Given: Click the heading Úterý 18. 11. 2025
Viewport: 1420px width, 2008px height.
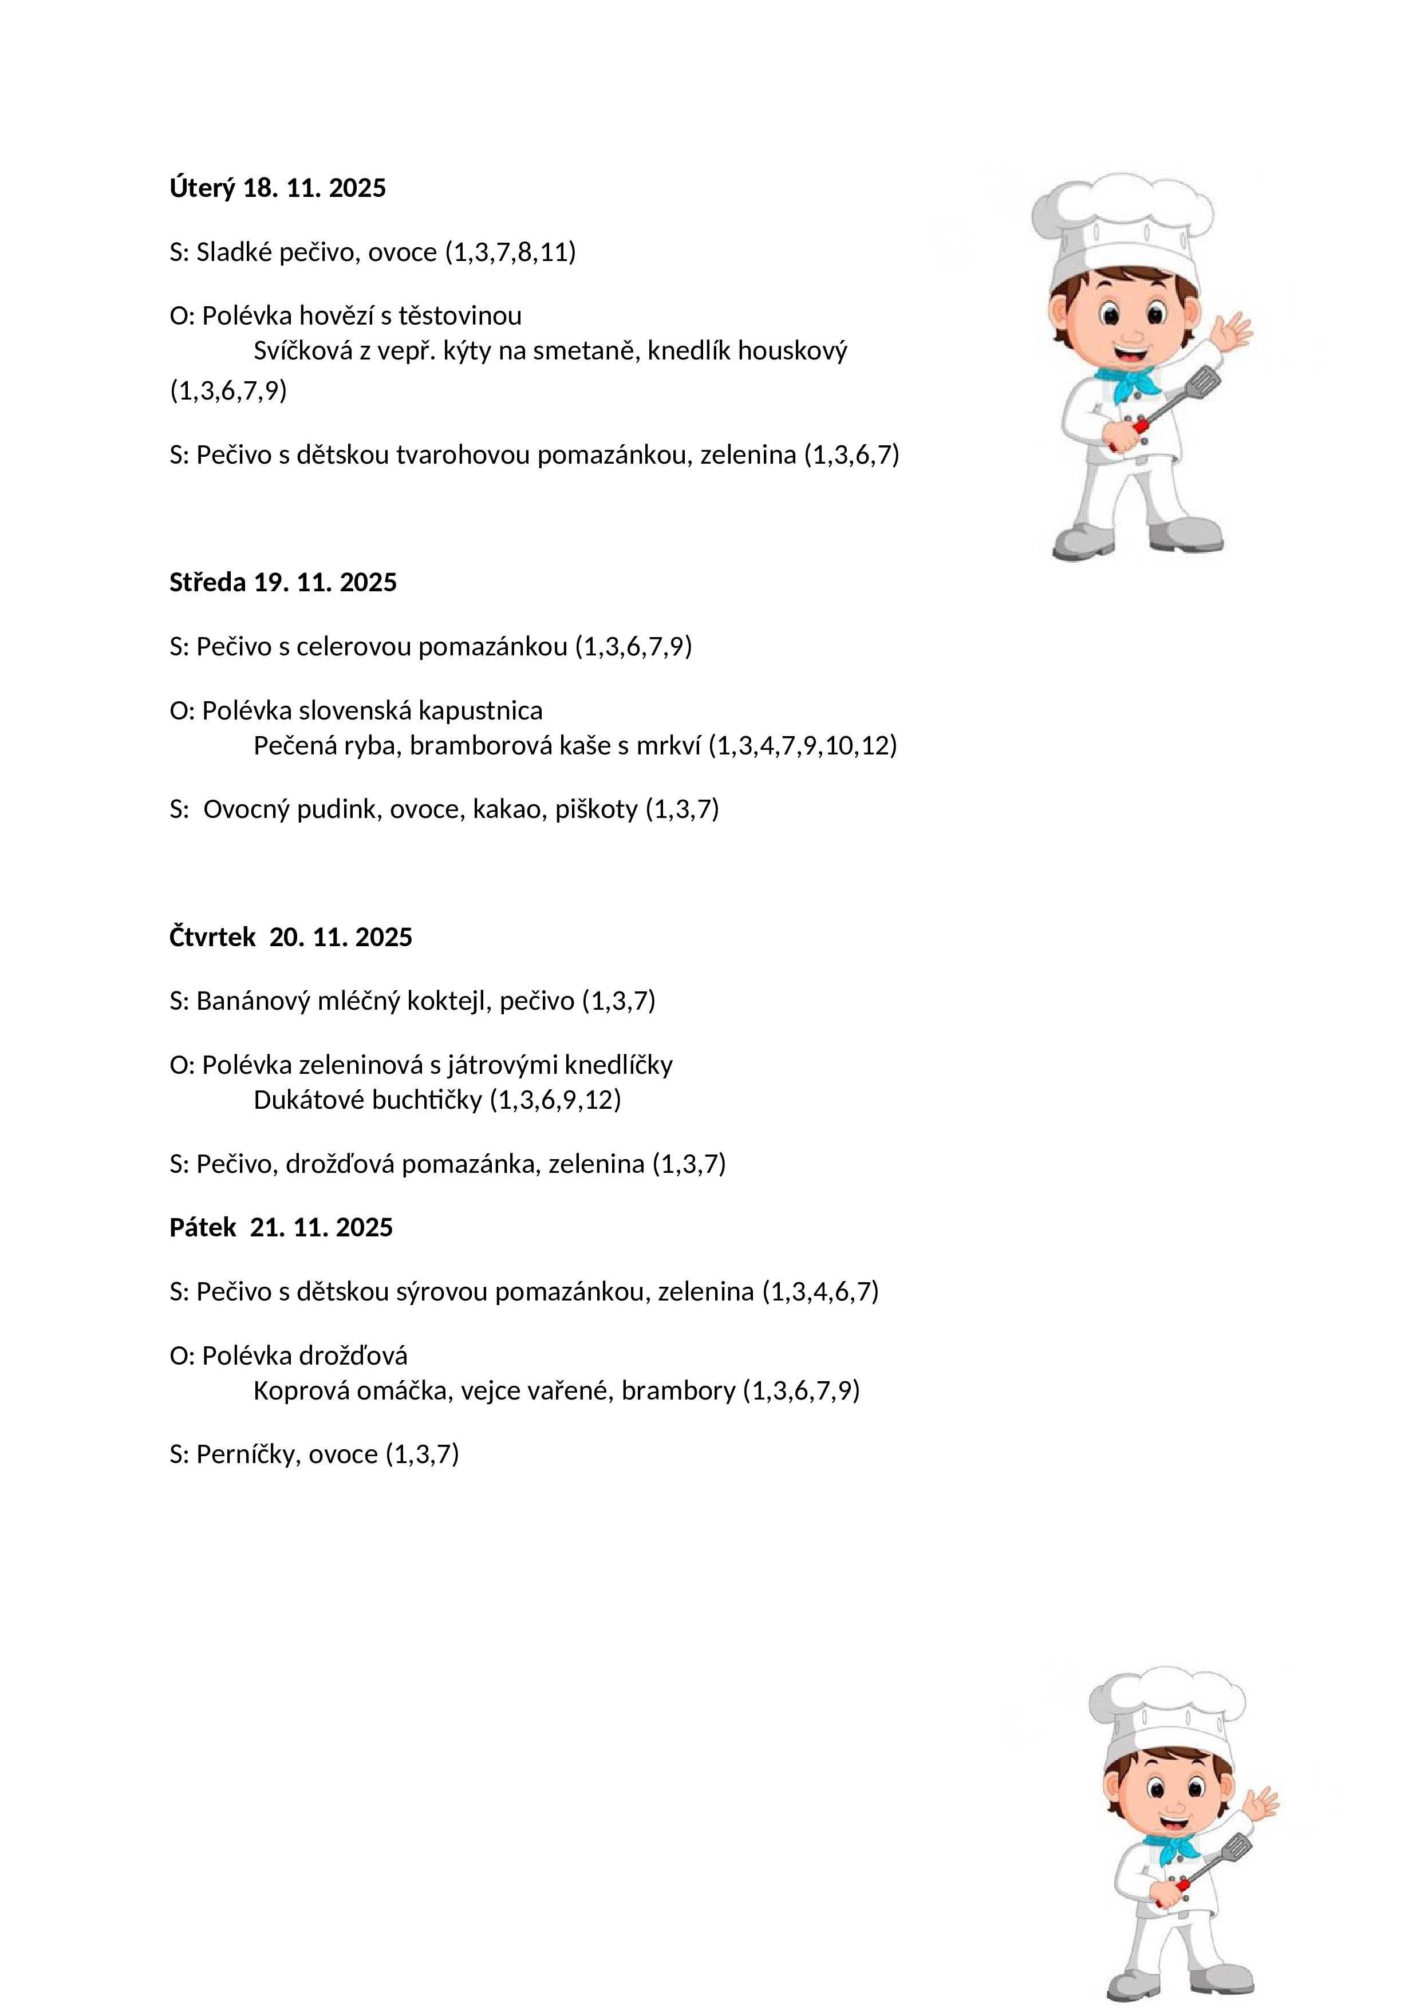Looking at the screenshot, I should [x=277, y=188].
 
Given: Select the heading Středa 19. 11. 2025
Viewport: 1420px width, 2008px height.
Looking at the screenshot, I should [x=283, y=583].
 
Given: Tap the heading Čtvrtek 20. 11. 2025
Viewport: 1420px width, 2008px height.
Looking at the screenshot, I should [x=290, y=938].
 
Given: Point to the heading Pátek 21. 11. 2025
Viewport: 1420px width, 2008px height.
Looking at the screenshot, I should [x=281, y=1228].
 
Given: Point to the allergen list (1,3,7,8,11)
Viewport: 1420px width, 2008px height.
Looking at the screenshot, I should [x=510, y=253].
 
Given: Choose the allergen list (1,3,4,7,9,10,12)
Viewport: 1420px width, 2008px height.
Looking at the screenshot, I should [x=802, y=746].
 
